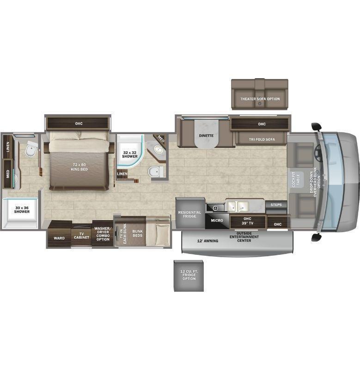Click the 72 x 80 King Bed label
[79, 167]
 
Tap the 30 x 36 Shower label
[22, 210]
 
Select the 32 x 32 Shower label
[130, 154]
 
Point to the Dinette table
[206, 134]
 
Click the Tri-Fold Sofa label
[262, 139]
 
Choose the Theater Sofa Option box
[260, 94]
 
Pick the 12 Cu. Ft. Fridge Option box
[189, 276]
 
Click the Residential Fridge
[190, 213]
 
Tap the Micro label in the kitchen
[217, 221]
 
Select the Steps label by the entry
[276, 204]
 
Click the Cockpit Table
[296, 180]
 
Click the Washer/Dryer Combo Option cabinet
[103, 234]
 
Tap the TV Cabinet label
[82, 235]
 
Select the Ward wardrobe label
[59, 238]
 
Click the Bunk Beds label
[137, 233]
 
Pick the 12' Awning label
[207, 241]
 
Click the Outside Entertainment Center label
[244, 237]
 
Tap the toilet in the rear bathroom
[31, 148]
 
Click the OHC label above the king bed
[79, 123]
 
